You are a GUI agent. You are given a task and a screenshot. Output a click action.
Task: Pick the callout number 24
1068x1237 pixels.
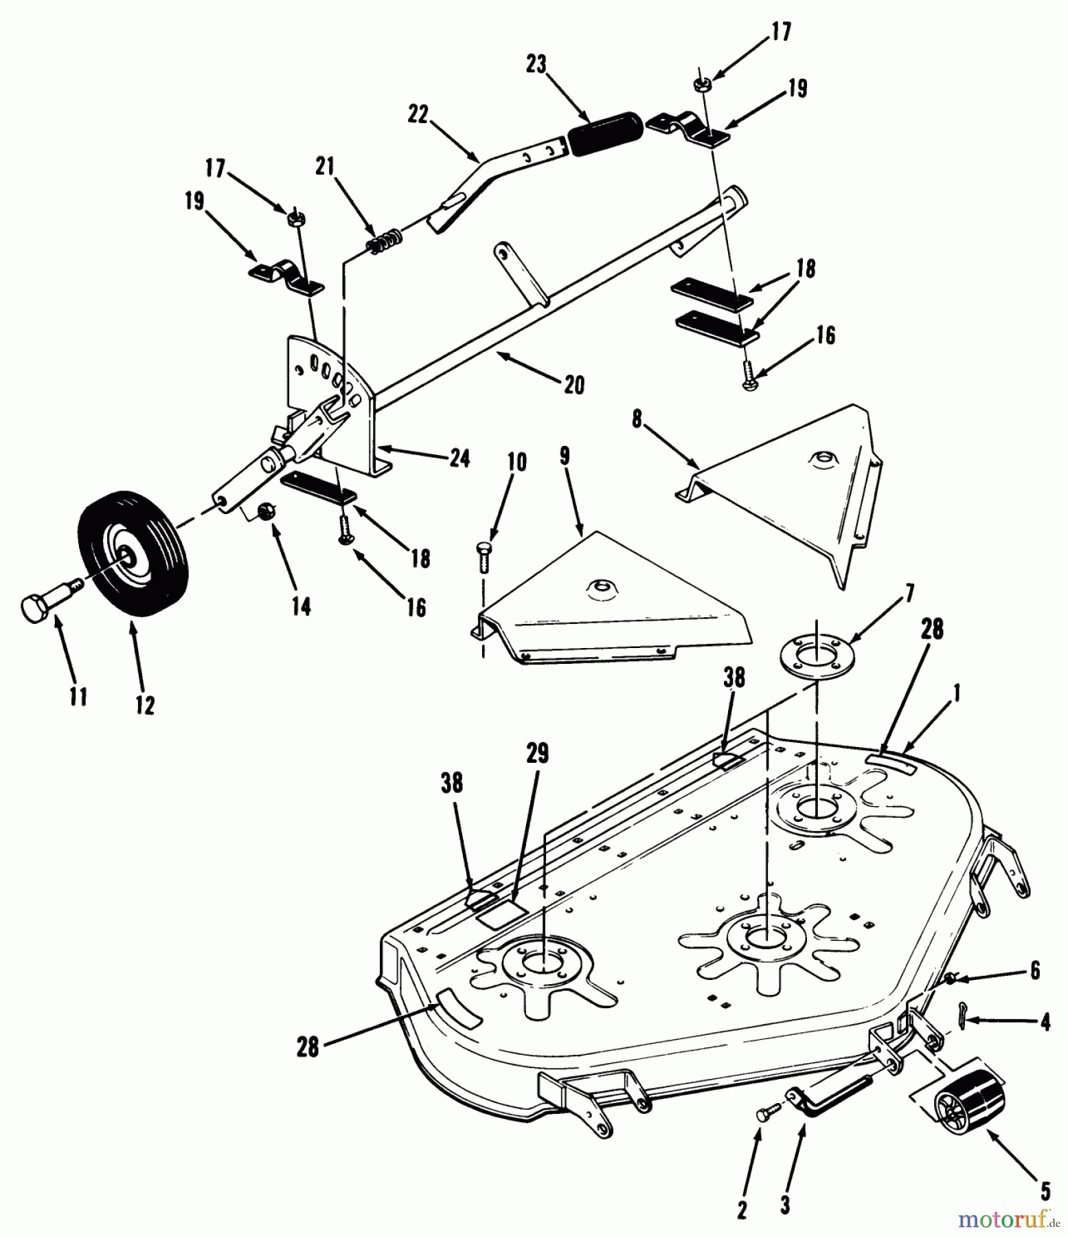459,458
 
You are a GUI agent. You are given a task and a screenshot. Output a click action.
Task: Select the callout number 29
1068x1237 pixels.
537,754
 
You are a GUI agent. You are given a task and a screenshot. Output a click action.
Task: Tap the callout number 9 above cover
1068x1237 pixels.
565,457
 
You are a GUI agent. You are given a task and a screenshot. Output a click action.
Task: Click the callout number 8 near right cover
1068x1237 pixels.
637,419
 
